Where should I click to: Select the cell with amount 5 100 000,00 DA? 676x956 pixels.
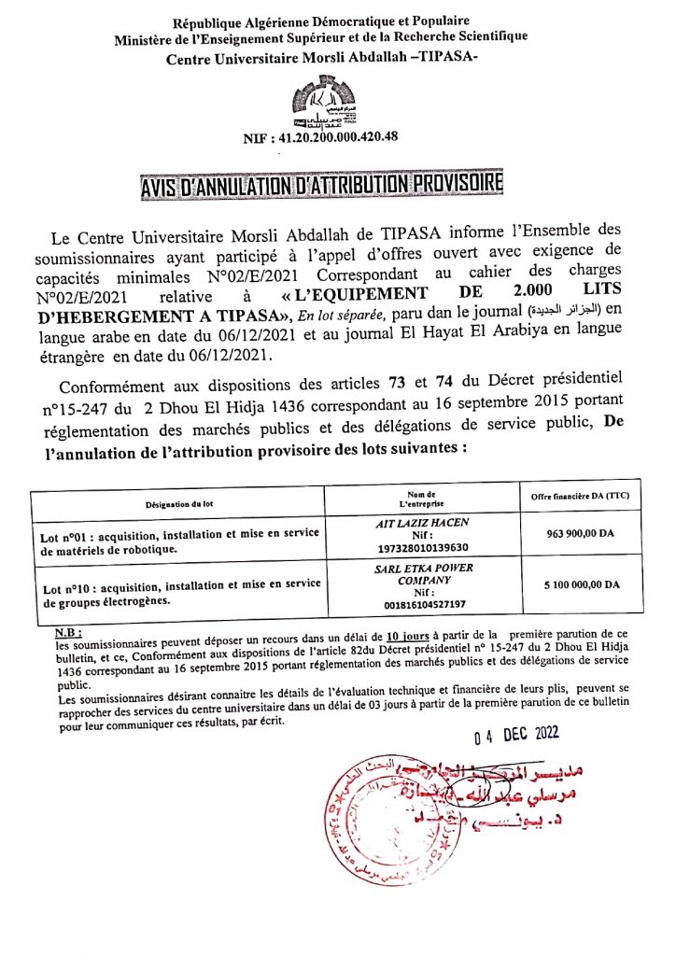tap(582, 584)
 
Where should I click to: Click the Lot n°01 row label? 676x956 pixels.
tap(179, 541)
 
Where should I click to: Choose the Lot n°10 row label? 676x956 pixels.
tap(179, 592)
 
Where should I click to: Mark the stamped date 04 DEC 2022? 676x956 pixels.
tap(515, 734)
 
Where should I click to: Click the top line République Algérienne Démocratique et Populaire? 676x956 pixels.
tap(321, 20)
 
